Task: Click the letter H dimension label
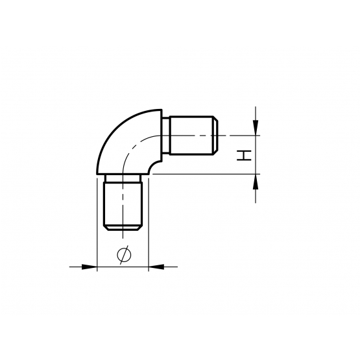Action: [x=244, y=156]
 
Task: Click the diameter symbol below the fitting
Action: [x=124, y=255]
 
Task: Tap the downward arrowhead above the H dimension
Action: [x=256, y=127]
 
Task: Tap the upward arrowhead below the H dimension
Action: [x=256, y=182]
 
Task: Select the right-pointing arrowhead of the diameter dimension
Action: [x=90, y=267]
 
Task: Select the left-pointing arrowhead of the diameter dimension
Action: [x=156, y=267]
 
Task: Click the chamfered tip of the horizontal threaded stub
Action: [x=215, y=136]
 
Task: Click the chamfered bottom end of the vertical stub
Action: [x=123, y=228]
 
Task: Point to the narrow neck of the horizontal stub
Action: [x=166, y=136]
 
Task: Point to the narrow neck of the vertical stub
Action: [x=123, y=178]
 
